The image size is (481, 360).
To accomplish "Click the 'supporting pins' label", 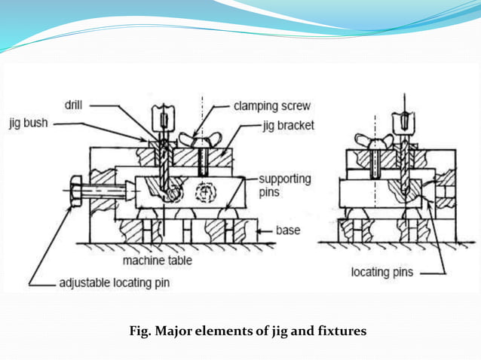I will (x=283, y=185).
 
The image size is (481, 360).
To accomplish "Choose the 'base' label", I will (x=289, y=230).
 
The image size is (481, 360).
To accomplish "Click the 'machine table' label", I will (x=157, y=261).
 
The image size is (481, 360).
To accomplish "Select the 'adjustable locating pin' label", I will (x=116, y=284).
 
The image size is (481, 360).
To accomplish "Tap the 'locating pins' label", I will (x=381, y=272).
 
